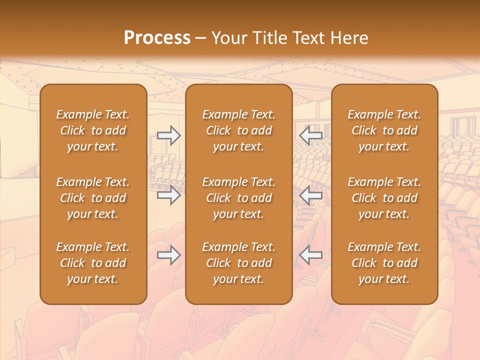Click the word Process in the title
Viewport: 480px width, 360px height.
pos(157,38)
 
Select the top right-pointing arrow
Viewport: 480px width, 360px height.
pos(169,135)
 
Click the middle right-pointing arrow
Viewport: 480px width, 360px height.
pos(169,195)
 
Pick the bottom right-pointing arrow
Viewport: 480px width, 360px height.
pos(169,255)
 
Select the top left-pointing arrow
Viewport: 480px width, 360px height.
pos(311,135)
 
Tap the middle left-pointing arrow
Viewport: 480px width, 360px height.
pos(311,195)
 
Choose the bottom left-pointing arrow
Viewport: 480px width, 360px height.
pos(311,255)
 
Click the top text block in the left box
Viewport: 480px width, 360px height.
pos(93,130)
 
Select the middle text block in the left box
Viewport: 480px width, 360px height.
pos(93,198)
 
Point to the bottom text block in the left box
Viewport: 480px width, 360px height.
pos(93,263)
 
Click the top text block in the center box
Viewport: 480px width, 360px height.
pos(238,130)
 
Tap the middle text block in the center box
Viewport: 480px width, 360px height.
pos(238,198)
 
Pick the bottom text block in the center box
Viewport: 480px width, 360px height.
pos(238,263)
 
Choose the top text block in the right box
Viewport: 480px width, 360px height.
pos(384,130)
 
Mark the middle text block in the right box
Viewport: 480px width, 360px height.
pos(384,198)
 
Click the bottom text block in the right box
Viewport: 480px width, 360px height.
pos(384,263)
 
